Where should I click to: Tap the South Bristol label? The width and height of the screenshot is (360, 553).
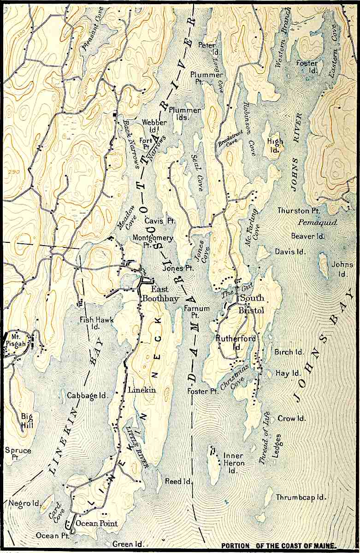click(251, 305)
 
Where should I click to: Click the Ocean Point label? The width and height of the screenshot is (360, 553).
click(97, 524)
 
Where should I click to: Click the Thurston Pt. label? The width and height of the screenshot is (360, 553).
click(299, 211)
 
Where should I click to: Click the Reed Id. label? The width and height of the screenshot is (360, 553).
click(178, 481)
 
